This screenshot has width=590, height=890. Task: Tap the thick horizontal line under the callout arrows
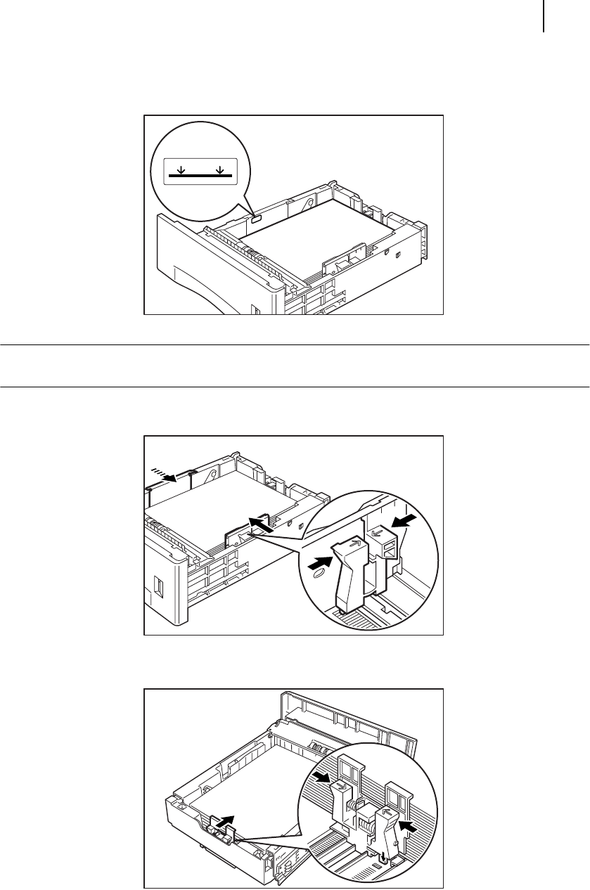pos(201,176)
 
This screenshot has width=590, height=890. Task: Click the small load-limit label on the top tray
pos(255,219)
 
